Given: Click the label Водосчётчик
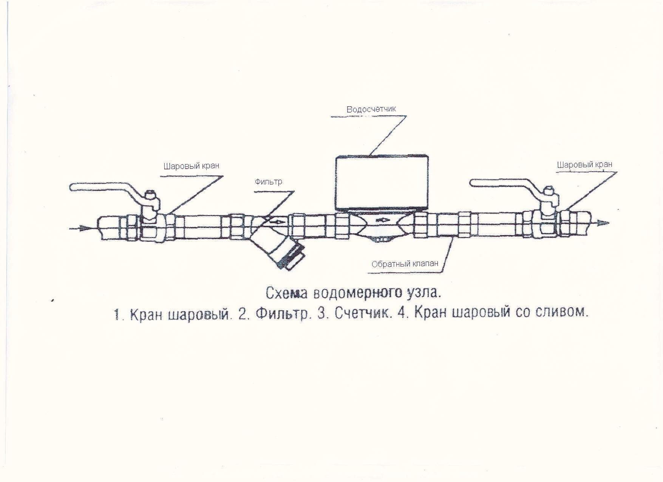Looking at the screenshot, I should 371,109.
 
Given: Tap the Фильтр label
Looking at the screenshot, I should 268,182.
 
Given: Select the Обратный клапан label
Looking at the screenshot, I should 405,264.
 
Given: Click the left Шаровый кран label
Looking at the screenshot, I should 191,166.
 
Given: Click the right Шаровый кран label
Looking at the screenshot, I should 584,165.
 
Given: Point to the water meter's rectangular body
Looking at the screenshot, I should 382,182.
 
